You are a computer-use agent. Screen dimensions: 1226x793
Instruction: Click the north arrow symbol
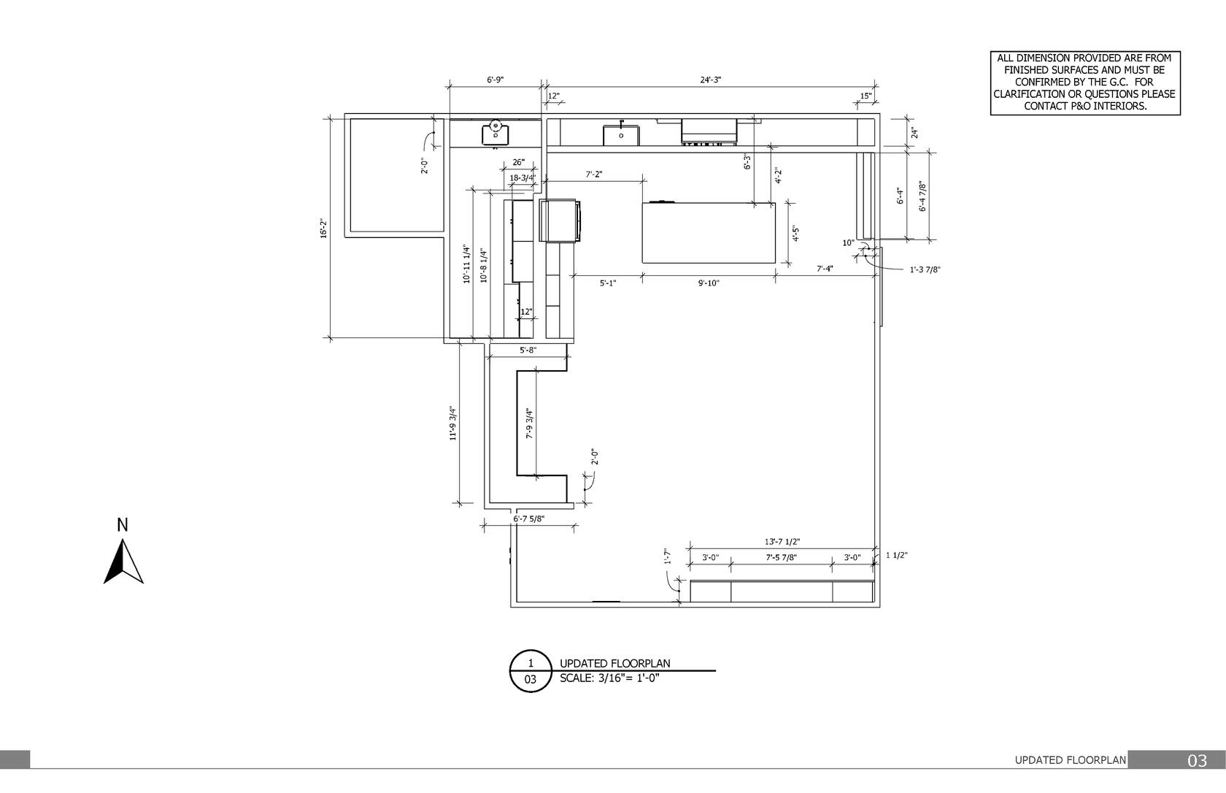123,562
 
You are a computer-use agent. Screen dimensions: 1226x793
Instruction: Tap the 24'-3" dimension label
711,80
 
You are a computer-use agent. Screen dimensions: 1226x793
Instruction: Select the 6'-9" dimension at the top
496,80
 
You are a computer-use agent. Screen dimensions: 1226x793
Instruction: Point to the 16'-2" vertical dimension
323,229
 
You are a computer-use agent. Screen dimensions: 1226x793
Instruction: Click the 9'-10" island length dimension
709,283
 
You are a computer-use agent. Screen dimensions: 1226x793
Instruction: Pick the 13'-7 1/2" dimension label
782,542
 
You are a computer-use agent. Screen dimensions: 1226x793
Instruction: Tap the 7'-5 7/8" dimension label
781,558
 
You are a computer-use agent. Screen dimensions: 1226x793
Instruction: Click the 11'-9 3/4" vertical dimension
453,424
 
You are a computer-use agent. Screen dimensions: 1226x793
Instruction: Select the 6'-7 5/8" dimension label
528,518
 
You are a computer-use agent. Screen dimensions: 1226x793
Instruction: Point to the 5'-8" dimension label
528,350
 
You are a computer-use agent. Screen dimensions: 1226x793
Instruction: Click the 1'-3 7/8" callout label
925,269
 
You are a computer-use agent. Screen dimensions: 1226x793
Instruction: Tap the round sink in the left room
496,133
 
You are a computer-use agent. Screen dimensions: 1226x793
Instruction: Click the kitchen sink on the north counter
621,134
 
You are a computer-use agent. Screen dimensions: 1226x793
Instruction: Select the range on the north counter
709,131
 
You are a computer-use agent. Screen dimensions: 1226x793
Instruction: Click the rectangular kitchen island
709,233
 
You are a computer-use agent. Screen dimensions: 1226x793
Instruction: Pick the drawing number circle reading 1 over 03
531,671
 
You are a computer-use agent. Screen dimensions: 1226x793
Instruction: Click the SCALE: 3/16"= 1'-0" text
609,678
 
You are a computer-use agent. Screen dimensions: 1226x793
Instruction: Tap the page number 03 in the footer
1197,761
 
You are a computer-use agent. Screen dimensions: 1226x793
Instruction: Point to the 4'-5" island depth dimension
796,234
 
